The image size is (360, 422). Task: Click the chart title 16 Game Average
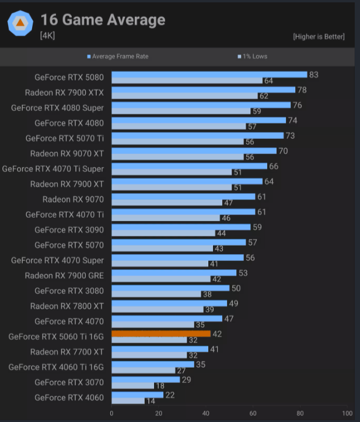(x=103, y=20)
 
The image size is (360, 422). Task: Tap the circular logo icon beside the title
(x=20, y=23)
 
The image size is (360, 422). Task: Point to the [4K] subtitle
(x=47, y=36)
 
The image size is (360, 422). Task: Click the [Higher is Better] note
(x=319, y=37)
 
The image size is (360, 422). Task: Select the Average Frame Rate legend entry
(x=118, y=57)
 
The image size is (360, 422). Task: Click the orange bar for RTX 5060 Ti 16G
(x=161, y=334)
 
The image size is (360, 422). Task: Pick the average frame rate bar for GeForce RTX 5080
(x=209, y=74)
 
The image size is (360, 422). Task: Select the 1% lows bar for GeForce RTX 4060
(x=128, y=401)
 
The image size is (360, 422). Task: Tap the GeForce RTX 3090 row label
(x=69, y=230)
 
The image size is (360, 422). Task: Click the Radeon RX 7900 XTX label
(x=64, y=92)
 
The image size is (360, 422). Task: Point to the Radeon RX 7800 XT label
(x=67, y=306)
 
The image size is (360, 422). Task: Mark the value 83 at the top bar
(x=314, y=75)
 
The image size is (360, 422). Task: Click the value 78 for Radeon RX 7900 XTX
(x=302, y=90)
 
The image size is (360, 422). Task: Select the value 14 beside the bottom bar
(x=151, y=401)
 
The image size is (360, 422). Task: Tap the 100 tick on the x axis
(x=348, y=413)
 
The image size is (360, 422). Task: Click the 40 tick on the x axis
(x=206, y=413)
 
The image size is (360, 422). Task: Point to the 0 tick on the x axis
(x=111, y=413)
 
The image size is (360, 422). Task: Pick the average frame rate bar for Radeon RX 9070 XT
(x=194, y=151)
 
